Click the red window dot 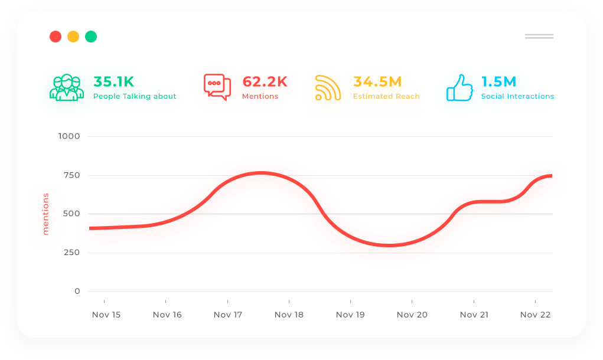(56, 37)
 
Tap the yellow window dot (73, 37)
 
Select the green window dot (91, 37)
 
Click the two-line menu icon (539, 37)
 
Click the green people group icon (64, 87)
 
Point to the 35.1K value (114, 81)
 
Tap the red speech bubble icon (217, 87)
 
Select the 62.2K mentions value (265, 81)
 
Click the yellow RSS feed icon (328, 87)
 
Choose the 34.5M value (377, 81)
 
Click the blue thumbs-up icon (459, 87)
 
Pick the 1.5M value (498, 81)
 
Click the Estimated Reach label (386, 96)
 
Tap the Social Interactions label (517, 96)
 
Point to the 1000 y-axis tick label (69, 136)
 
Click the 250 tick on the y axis (71, 253)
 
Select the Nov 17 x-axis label (228, 315)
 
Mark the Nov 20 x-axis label (412, 315)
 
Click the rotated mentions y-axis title (45, 214)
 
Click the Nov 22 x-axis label (535, 315)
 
